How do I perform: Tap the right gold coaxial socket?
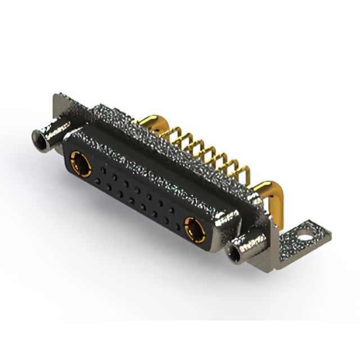pos(195,229)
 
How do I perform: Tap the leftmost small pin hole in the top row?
pos(103,169)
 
